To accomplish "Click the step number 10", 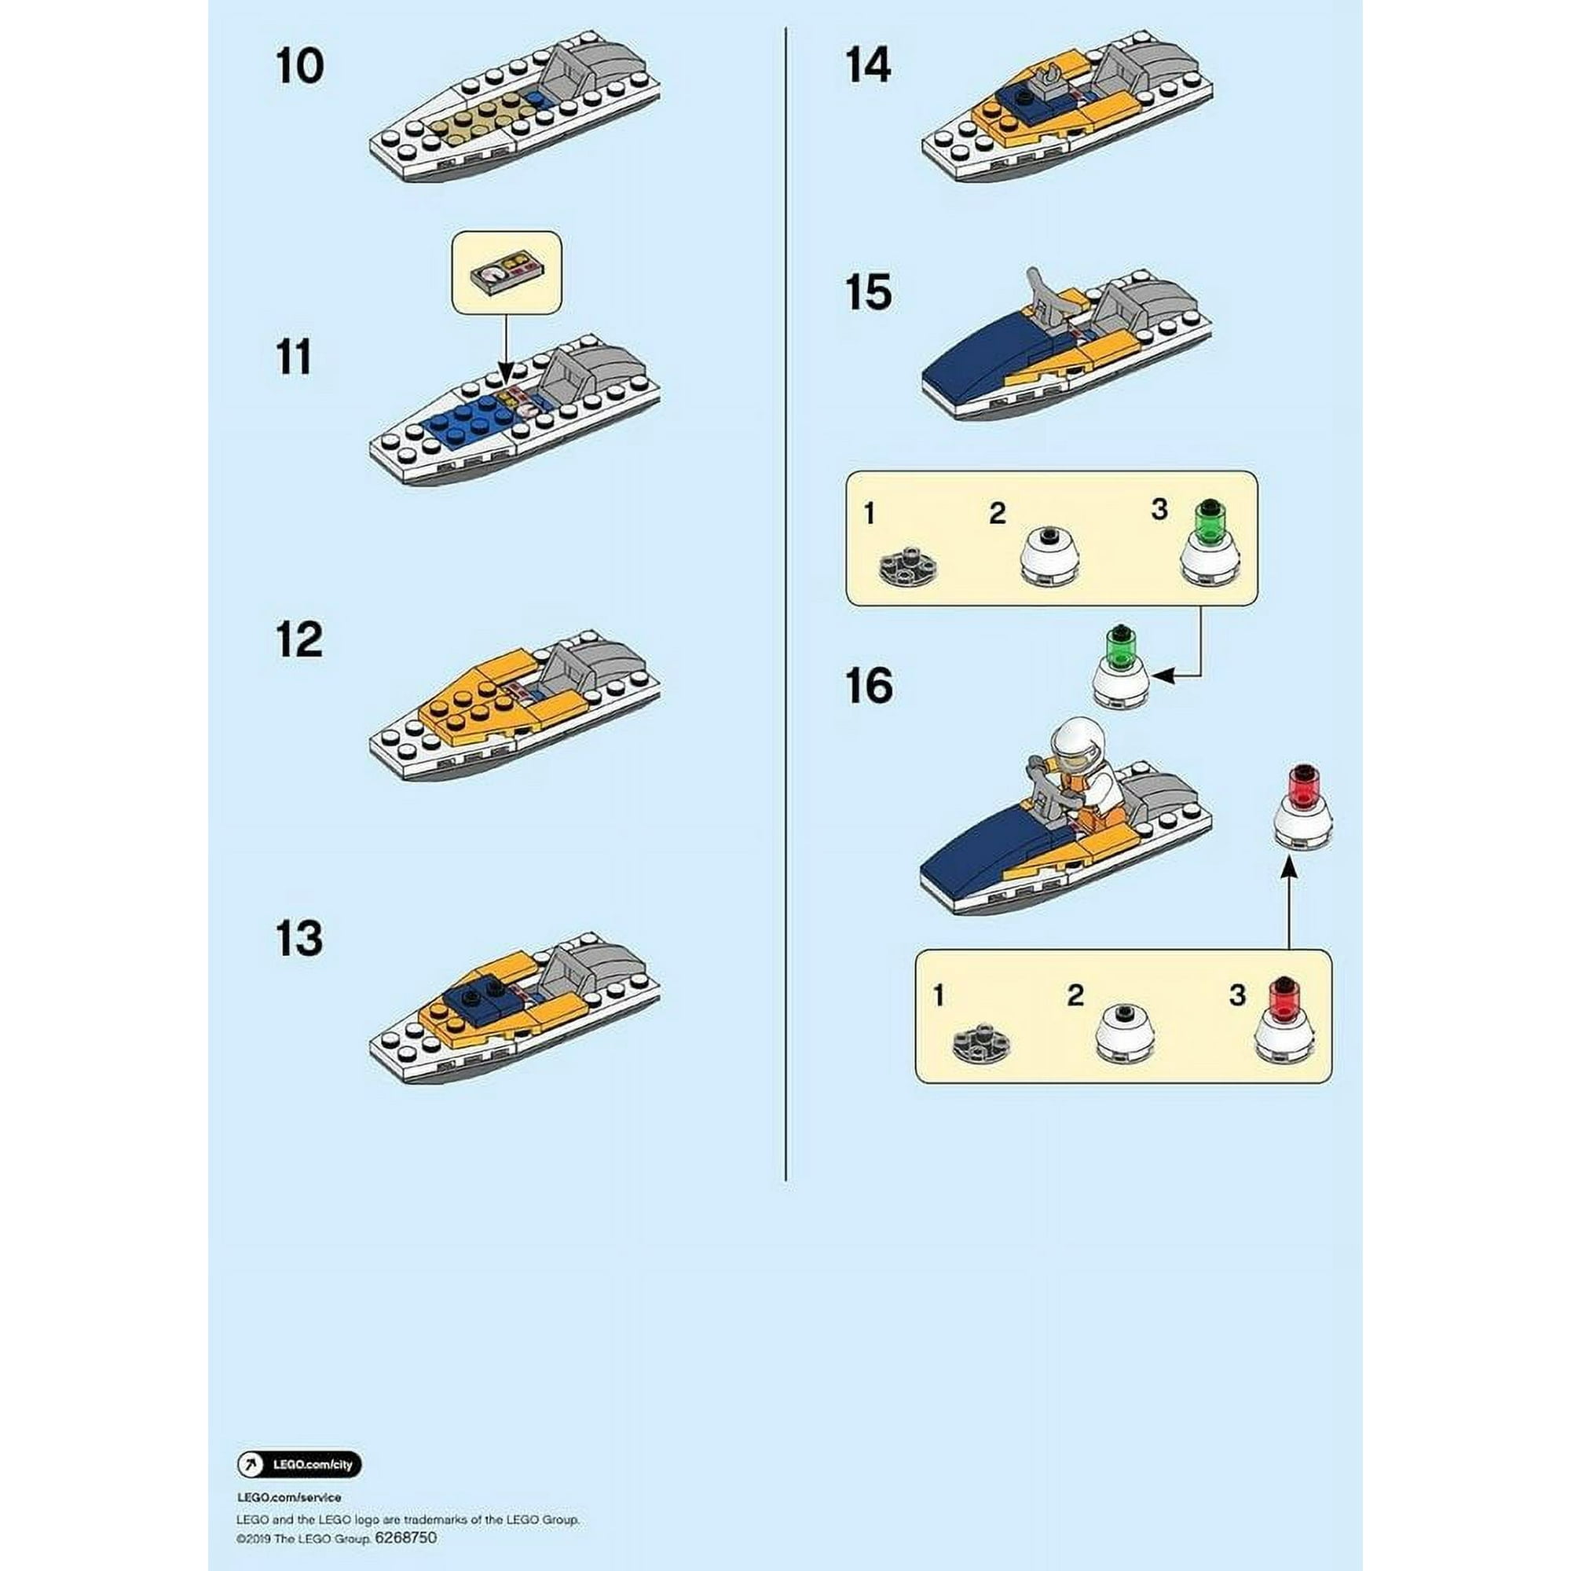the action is click(299, 66).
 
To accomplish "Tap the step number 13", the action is click(299, 939).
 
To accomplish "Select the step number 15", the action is click(868, 292).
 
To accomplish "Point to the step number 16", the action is click(869, 686).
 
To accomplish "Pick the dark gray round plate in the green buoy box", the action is click(908, 569).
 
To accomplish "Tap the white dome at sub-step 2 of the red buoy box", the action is click(1125, 1034).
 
